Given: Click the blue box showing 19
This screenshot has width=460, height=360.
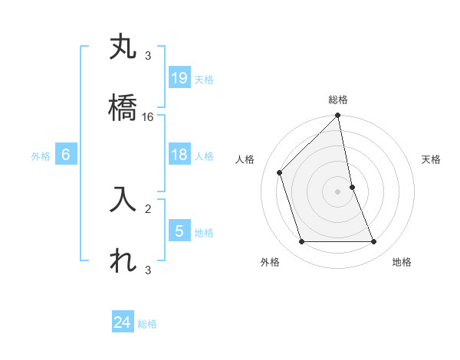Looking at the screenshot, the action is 179,78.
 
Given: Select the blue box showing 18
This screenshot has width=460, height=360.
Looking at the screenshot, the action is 179,155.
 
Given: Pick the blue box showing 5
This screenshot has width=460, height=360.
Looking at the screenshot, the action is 179,231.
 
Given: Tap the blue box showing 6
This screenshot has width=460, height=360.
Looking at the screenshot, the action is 66,155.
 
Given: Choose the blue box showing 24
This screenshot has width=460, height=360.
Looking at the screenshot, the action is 123,322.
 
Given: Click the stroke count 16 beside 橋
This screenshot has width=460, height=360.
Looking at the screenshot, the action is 148,117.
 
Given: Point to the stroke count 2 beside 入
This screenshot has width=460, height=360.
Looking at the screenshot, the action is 148,208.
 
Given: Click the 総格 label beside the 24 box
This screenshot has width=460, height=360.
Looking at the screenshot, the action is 147,324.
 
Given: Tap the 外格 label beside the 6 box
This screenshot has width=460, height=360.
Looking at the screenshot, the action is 41,156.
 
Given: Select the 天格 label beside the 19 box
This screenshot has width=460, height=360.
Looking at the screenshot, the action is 203,80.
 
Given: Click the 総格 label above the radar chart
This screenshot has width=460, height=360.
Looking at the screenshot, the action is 338,100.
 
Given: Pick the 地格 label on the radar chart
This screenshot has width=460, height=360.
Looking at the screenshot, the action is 402,262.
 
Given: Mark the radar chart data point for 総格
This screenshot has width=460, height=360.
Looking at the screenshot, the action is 338,116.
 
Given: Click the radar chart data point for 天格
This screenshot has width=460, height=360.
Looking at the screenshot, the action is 352,187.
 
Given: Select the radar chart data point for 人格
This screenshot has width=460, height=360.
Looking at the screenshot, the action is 280,172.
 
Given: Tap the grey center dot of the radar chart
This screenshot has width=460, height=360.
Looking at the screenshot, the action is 338,191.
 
